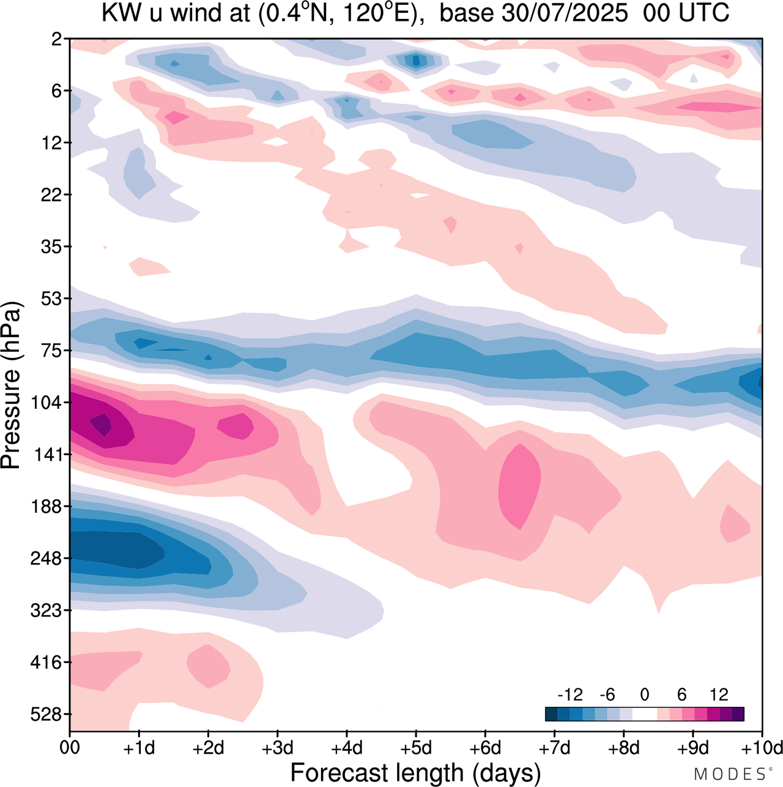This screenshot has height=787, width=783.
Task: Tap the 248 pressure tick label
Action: coord(46,559)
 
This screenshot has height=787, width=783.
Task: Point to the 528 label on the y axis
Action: coord(46,715)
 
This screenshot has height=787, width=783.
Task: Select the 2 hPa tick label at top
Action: coord(57,39)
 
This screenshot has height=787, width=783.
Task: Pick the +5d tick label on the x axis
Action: coord(416,748)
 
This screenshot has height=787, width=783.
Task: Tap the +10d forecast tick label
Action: coord(762,748)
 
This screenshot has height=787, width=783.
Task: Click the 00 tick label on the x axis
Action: coord(70,748)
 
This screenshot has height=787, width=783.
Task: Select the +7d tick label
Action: coord(554,748)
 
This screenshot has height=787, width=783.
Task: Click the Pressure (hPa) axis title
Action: coord(11,386)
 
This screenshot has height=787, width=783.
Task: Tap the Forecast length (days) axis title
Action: coord(415,772)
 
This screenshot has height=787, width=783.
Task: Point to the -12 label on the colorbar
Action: coord(570,695)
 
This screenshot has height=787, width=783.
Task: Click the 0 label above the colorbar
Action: coord(644,695)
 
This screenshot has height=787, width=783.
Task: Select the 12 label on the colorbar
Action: coord(719,695)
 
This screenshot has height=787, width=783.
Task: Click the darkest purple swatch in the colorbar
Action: coord(738,714)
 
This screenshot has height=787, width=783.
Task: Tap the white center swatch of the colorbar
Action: coord(644,714)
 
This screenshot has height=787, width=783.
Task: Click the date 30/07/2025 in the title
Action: coord(564,13)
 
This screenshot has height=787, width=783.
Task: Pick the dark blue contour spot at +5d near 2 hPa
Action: coord(417,60)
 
